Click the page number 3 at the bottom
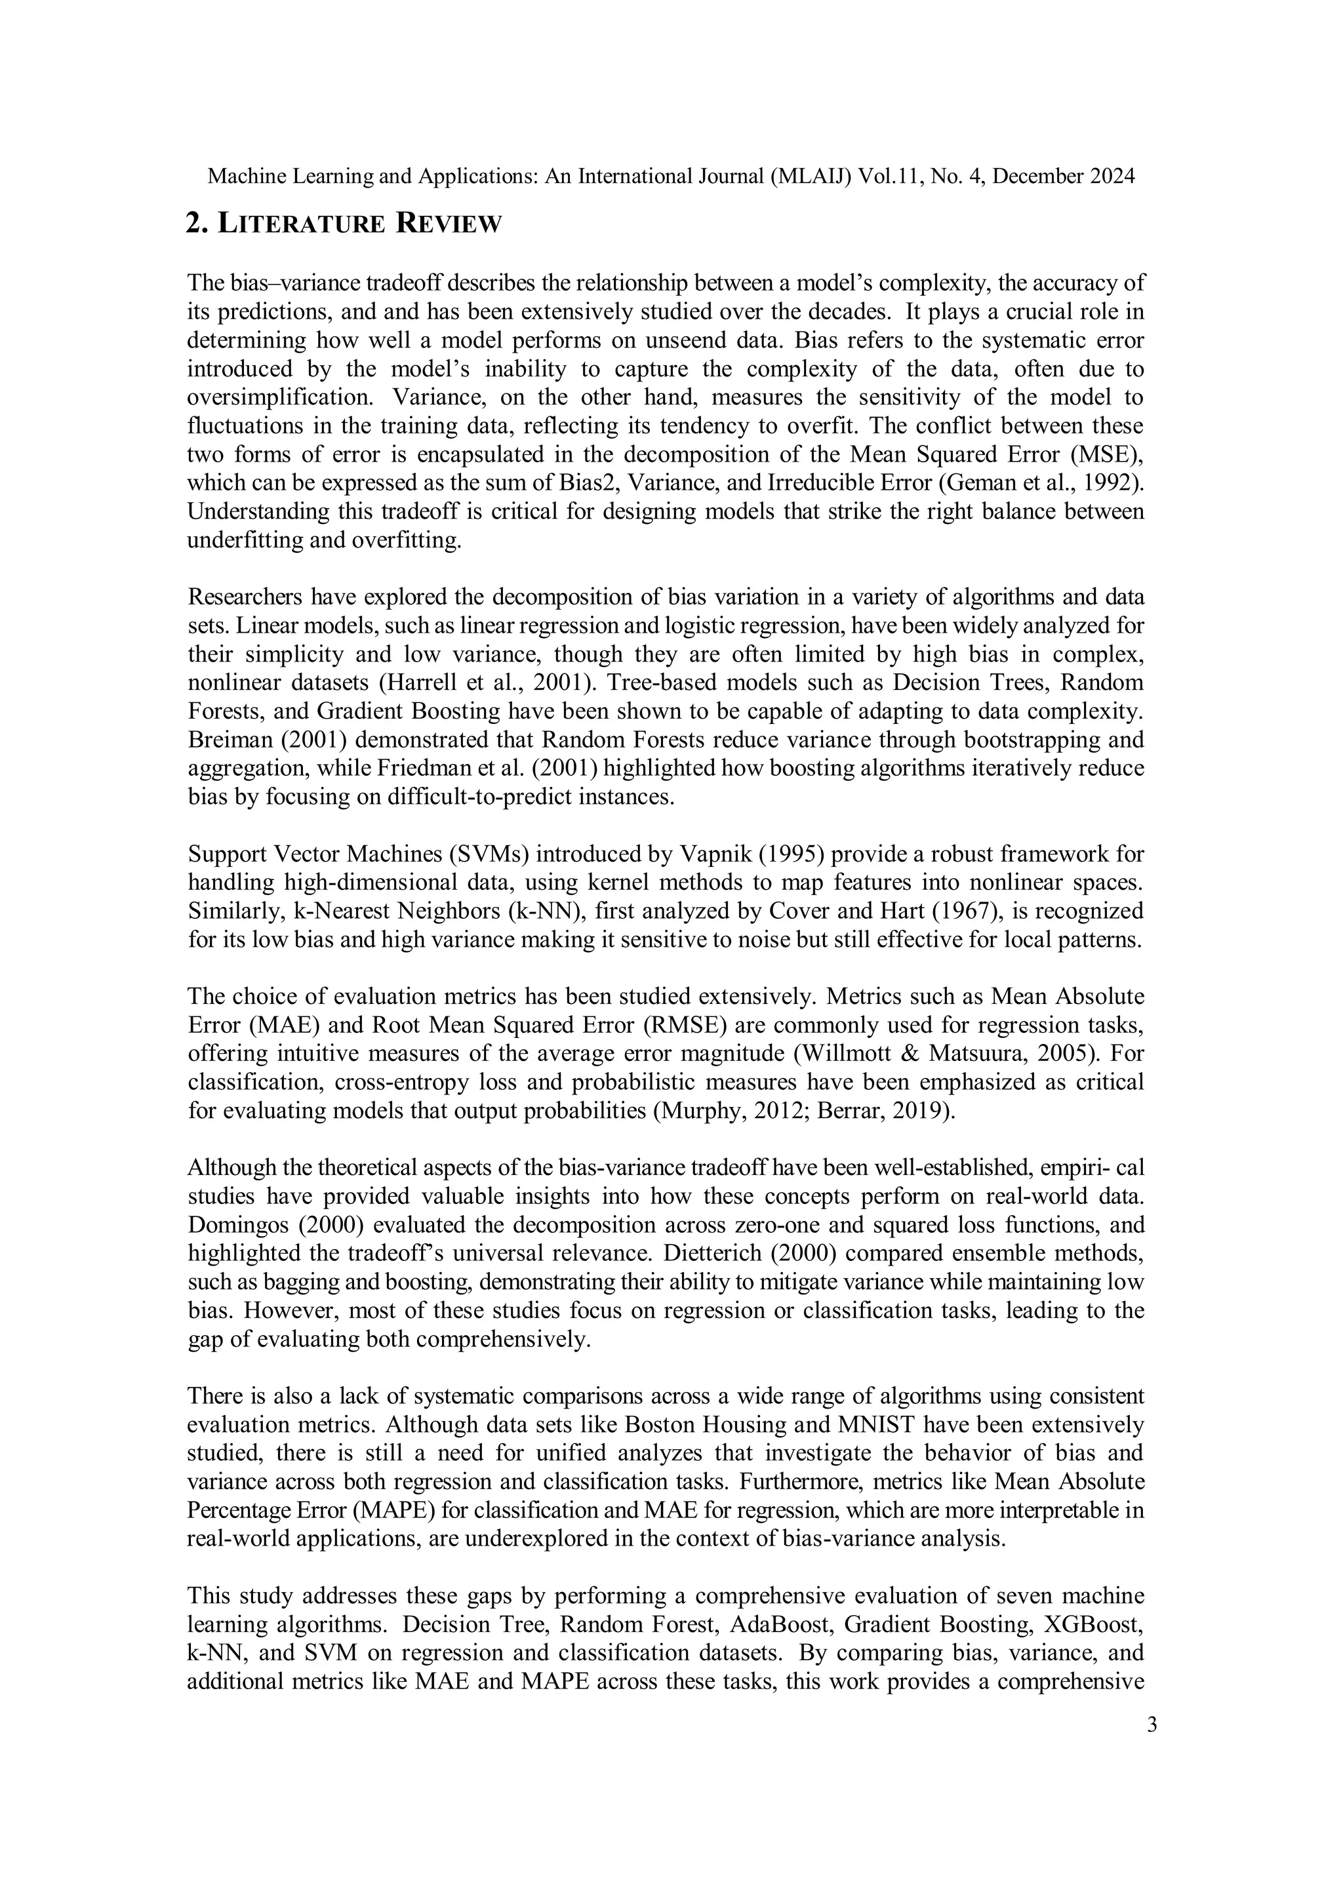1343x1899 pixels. pyautogui.click(x=1152, y=1725)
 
